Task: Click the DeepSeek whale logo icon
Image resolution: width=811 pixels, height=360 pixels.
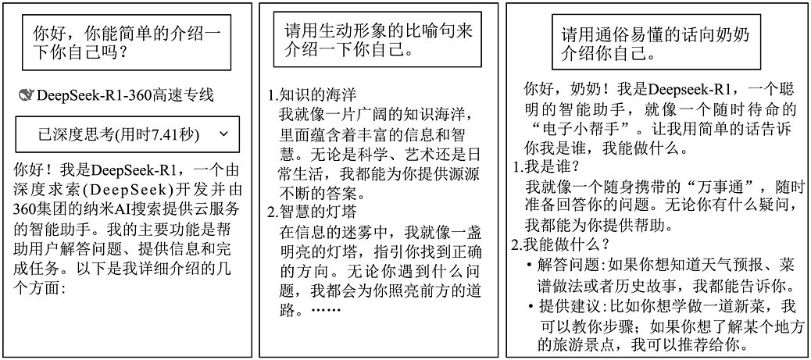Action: (26, 95)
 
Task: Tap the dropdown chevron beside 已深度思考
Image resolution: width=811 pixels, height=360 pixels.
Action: (223, 134)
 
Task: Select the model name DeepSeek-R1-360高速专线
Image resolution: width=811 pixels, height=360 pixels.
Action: (125, 95)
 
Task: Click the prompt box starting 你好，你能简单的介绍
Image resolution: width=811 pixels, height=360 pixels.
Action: (127, 42)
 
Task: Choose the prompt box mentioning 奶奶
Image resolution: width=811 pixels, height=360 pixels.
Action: (656, 42)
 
